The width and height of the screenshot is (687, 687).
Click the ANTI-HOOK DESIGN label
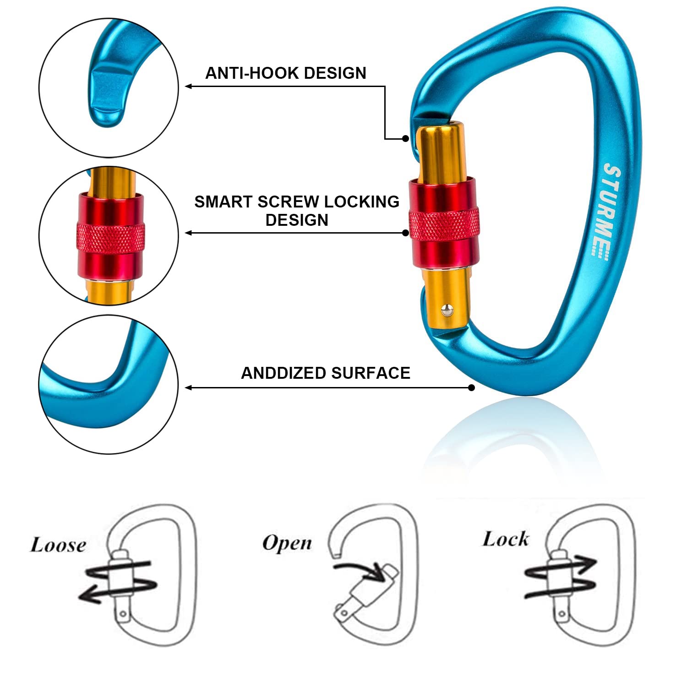286,73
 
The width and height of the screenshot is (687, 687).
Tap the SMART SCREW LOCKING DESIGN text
297,211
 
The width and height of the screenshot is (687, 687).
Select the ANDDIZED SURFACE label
326,373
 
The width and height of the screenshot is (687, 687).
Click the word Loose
58,545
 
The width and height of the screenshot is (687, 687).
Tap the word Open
287,544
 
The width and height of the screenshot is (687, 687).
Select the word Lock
506,539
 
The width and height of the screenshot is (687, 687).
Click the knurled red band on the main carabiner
444,224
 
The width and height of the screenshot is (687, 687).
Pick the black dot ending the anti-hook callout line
405,138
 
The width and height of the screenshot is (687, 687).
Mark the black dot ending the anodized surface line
472,388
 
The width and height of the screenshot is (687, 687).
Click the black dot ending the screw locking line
405,233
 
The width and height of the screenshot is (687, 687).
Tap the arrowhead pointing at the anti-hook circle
188,86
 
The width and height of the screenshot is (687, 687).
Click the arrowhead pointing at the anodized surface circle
188,388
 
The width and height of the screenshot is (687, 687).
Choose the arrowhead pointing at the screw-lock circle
188,233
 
